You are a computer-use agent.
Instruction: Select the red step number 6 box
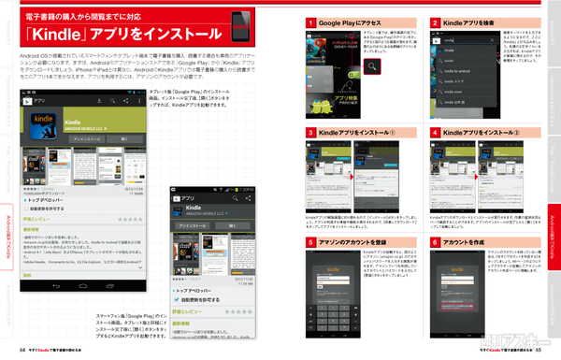[x=436, y=241]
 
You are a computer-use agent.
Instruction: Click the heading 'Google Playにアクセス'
[x=351, y=21]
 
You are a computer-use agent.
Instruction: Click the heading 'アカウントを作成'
[x=472, y=241]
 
